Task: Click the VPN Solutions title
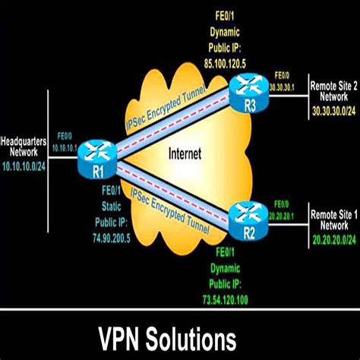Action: click(180, 335)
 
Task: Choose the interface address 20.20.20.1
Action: click(300, 215)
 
